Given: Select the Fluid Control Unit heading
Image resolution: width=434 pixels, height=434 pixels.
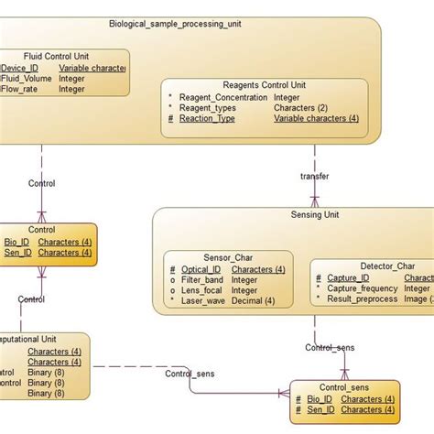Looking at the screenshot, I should click(x=56, y=56).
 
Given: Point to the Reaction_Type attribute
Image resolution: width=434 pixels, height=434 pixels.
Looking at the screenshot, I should click(x=207, y=118).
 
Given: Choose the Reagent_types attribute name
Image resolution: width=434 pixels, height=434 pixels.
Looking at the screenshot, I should click(x=210, y=108).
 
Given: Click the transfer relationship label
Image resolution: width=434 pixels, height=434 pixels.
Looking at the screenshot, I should click(x=314, y=176).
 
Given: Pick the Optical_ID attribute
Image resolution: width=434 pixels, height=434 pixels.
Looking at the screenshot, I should click(x=199, y=270).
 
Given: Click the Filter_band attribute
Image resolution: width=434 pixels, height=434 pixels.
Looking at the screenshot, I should click(x=201, y=280).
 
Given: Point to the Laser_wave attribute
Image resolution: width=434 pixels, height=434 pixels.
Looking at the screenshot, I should click(x=202, y=300).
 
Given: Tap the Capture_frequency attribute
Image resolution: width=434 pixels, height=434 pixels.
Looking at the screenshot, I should click(x=363, y=288).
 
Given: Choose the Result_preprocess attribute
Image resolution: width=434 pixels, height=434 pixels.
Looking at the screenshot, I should click(x=362, y=298).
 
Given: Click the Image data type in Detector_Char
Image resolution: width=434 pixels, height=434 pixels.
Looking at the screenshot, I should click(x=417, y=298).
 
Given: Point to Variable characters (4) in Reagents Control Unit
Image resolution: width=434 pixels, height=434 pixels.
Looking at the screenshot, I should click(x=316, y=118).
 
